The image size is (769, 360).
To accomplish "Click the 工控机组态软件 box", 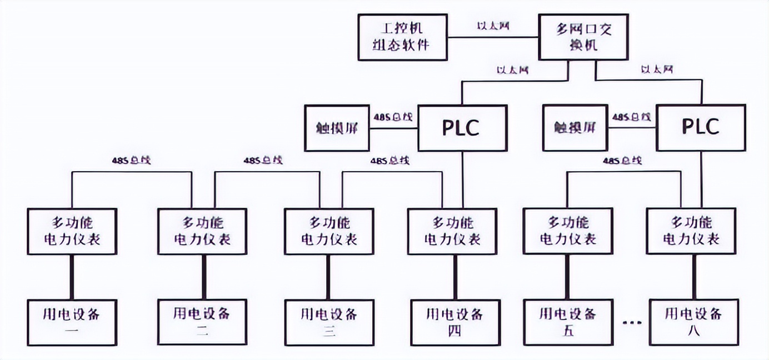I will point(403,37).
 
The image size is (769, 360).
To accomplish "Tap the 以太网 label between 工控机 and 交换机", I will point(493,26).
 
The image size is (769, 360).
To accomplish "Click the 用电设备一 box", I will point(72,322).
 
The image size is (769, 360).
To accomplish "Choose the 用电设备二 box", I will point(202,322).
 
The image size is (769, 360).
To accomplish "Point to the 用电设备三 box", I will point(329,322).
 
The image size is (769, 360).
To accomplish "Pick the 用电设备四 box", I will point(455,322).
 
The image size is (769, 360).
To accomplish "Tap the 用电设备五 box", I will point(568,322).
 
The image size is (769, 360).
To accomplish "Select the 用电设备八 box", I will point(693,322).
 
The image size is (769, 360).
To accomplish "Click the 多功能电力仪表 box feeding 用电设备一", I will point(72,231).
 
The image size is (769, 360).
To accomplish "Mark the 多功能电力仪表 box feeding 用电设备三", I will point(329,231).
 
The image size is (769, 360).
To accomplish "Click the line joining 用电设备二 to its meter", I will point(203,277).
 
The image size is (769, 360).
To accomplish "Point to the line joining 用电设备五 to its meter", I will point(568,277).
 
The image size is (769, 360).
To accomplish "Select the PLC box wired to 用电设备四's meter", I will point(462,128).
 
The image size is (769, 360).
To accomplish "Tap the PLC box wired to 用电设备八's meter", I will point(700,128).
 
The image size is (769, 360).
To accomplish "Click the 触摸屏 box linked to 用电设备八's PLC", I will point(575,128).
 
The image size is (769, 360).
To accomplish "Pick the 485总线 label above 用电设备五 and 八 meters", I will point(622,161).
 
